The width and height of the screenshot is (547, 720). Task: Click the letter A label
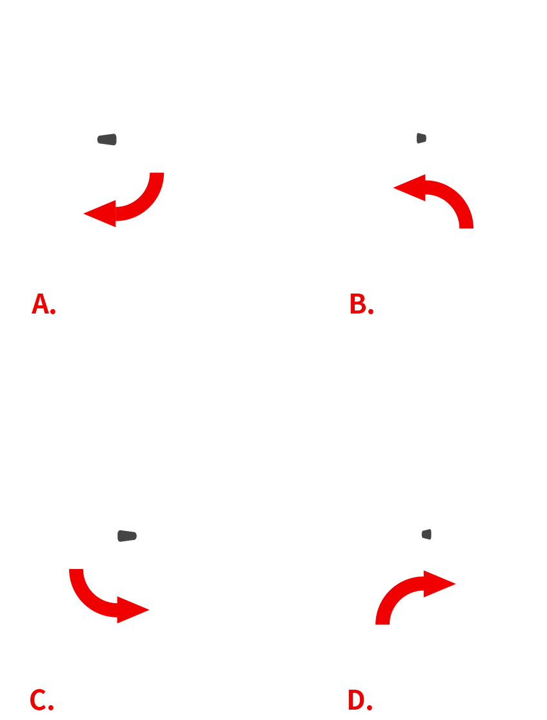click(40, 303)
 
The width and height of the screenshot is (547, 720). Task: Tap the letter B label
click(358, 303)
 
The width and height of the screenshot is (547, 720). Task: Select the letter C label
click(37, 699)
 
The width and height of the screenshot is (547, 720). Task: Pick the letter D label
click(356, 699)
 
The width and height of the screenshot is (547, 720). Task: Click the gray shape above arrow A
click(107, 139)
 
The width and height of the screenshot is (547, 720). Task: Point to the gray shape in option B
click(421, 138)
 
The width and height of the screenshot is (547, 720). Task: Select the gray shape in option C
click(127, 536)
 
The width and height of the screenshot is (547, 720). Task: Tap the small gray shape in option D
click(426, 534)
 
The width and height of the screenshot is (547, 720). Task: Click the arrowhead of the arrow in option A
click(100, 214)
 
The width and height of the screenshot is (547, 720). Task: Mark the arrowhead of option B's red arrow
click(410, 187)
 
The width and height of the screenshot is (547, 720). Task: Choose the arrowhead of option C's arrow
click(133, 610)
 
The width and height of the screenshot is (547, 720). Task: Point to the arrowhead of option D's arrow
click(439, 584)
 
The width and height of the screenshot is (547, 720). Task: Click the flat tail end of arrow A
click(157, 173)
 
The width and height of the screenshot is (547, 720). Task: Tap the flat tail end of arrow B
click(466, 227)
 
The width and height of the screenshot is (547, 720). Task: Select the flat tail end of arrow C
click(75, 570)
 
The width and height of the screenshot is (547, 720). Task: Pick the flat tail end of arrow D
click(383, 624)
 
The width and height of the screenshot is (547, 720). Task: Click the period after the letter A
click(53, 312)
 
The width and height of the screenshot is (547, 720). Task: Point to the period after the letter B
click(371, 312)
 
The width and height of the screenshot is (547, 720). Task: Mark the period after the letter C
click(51, 707)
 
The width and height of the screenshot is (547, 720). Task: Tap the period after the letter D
click(369, 707)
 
